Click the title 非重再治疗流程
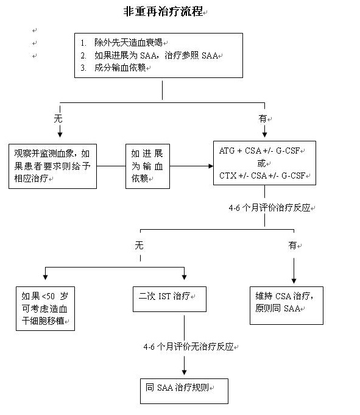click(x=163, y=12)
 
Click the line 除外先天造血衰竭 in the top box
click(x=129, y=42)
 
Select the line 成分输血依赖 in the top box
click(x=120, y=68)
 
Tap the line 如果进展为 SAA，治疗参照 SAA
click(x=156, y=55)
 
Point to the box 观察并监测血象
click(x=52, y=166)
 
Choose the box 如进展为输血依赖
click(x=147, y=166)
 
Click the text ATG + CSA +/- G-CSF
click(x=259, y=151)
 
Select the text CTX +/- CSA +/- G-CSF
click(x=262, y=176)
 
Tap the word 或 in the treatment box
click(x=261, y=163)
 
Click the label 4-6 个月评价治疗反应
click(x=269, y=208)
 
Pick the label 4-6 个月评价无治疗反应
click(x=188, y=347)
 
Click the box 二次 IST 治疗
click(x=169, y=299)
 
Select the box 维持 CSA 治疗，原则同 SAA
click(x=286, y=305)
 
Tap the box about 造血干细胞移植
click(x=45, y=308)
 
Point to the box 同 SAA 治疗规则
click(x=184, y=391)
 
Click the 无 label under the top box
click(x=58, y=118)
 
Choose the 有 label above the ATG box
click(x=263, y=118)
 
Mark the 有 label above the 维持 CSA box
click(x=292, y=246)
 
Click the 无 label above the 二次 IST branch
click(x=139, y=246)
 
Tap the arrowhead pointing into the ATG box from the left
click(x=211, y=166)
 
